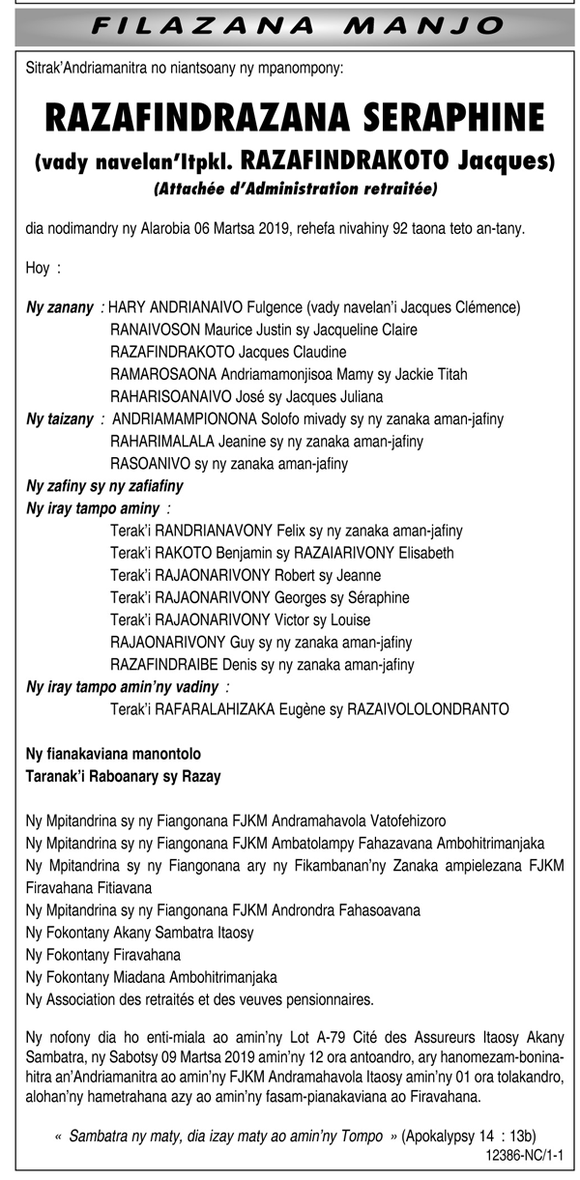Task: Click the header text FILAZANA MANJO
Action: pyautogui.click(x=290, y=24)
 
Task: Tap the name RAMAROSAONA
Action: pyautogui.click(x=163, y=374)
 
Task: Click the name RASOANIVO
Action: pyautogui.click(x=152, y=464)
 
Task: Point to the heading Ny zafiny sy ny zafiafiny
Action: pyautogui.click(x=104, y=486)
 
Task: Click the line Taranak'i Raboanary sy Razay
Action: pyautogui.click(x=123, y=776)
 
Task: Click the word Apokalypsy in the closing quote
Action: pyautogui.click(x=440, y=1136)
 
